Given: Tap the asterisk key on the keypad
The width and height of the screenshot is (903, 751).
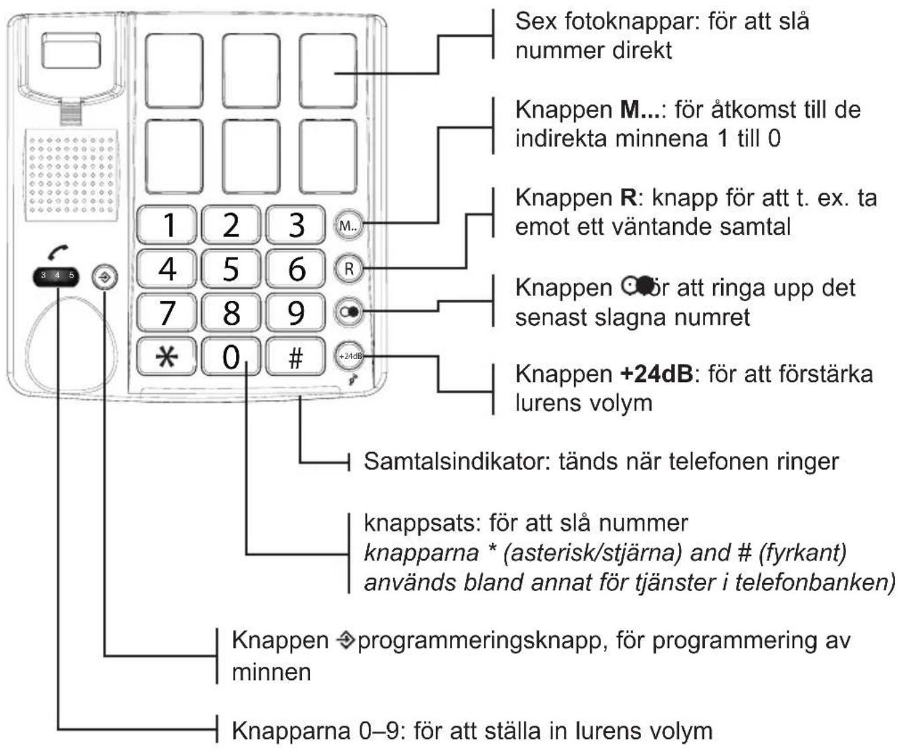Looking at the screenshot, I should click(166, 356).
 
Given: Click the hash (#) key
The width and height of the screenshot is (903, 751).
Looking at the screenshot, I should click(295, 356).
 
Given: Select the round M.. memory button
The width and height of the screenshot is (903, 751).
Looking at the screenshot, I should click(348, 225).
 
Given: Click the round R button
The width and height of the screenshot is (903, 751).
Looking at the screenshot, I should click(348, 269).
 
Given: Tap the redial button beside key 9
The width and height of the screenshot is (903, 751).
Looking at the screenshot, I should click(348, 312).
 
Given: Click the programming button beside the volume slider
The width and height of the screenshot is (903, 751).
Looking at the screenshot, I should click(105, 276).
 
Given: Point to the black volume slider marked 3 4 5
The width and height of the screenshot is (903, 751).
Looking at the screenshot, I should click(57, 276).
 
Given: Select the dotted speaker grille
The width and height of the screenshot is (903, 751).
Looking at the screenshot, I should click(72, 175).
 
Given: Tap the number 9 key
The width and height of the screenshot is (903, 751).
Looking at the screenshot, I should click(295, 312).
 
